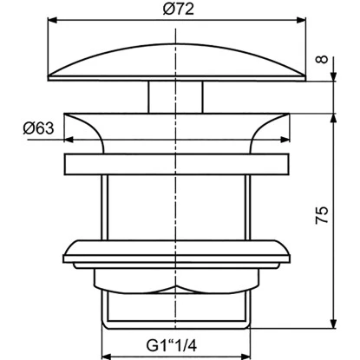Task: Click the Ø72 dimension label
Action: coord(178,10)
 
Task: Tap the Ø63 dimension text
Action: coord(38,128)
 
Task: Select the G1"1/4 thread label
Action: coord(172,345)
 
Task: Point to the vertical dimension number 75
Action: coord(322,215)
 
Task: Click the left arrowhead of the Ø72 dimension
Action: coord(51,20)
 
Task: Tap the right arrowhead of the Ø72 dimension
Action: coord(302,20)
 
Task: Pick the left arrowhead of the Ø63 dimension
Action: coord(69,140)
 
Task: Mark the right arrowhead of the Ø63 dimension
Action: coord(285,140)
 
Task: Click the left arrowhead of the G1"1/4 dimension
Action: coord(107,357)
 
